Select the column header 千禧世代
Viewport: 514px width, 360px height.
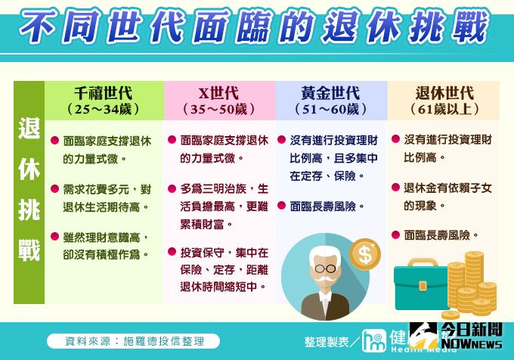tap(104, 93)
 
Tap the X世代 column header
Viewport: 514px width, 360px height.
tap(218, 93)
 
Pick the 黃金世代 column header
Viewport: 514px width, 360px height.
tap(330, 93)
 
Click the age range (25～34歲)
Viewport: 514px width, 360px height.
tap(104, 110)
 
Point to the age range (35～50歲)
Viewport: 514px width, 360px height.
tap(218, 110)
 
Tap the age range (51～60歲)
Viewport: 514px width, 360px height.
tap(330, 110)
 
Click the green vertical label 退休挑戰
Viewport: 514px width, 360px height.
tap(29, 189)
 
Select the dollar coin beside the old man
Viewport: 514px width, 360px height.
tap(365, 253)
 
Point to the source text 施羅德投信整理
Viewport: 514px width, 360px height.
tap(163, 341)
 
